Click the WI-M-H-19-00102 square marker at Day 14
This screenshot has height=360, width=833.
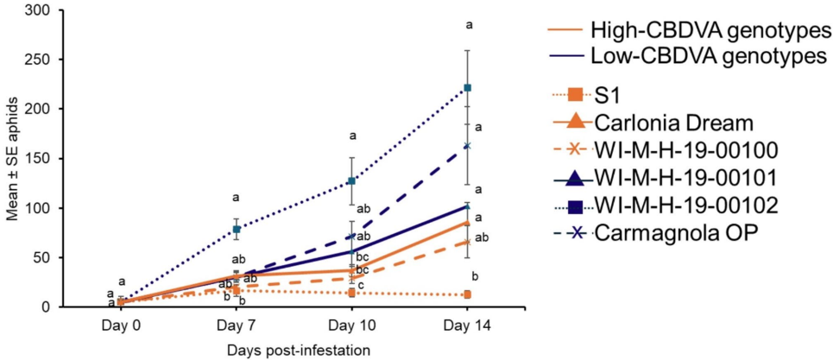pos(467,87)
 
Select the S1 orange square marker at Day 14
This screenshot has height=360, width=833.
pos(467,294)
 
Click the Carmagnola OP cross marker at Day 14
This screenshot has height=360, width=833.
pos(467,146)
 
